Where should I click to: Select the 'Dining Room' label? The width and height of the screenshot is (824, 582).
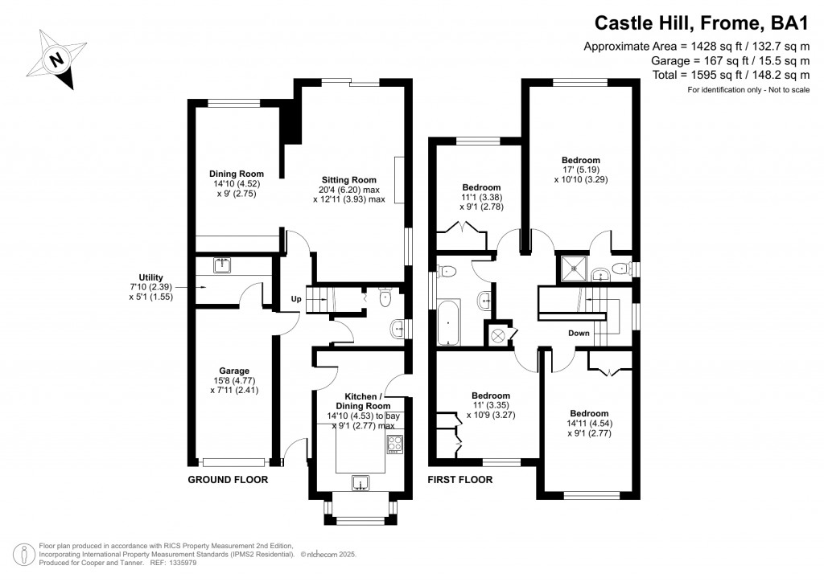(236, 174)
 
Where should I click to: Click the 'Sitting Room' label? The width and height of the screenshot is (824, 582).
(349, 179)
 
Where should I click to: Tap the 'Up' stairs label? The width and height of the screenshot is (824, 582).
(295, 300)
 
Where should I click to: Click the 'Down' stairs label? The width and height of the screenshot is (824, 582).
(579, 333)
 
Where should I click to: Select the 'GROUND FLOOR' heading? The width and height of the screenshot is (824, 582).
(228, 480)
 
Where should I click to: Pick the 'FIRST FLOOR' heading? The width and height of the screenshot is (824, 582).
(459, 480)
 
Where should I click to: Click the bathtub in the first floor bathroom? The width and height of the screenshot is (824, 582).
(448, 322)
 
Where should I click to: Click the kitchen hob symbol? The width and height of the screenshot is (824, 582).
(395, 443)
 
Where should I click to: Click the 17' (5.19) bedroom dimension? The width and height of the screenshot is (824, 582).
(580, 170)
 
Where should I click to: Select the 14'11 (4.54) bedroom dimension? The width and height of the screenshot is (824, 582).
(589, 424)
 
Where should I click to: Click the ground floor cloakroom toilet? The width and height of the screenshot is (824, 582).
(384, 299)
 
